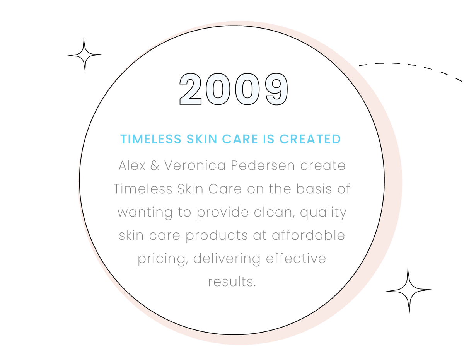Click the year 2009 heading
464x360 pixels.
(x=234, y=89)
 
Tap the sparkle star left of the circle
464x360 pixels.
(x=84, y=55)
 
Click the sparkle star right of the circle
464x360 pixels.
(x=408, y=290)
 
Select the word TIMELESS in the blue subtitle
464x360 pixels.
(x=151, y=139)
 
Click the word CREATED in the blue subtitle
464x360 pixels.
(x=310, y=139)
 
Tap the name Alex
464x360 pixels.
(x=132, y=165)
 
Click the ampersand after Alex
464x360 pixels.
(x=155, y=165)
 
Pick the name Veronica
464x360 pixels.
(x=195, y=165)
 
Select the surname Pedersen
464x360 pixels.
(x=263, y=165)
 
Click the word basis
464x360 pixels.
(x=314, y=189)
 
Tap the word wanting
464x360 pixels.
(x=145, y=212)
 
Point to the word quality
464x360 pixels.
(x=323, y=212)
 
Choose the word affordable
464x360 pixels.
(x=308, y=235)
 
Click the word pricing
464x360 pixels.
(x=163, y=259)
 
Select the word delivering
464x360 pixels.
(x=227, y=259)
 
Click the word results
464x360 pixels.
(x=232, y=282)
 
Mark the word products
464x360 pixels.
(x=217, y=236)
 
